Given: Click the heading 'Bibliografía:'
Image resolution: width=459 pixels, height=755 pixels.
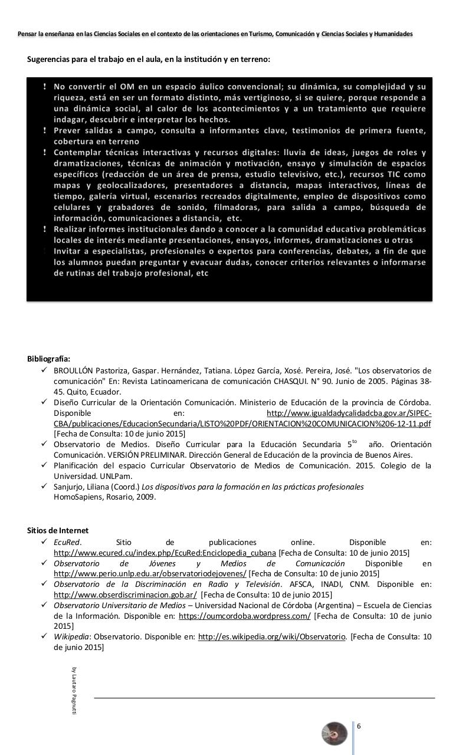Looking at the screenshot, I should click(x=48, y=359).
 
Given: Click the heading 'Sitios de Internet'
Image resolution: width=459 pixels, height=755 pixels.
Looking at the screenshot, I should click(x=58, y=530).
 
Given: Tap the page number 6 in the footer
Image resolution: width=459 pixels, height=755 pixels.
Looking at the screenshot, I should click(x=358, y=726).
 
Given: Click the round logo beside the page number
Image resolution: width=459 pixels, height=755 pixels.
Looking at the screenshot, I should click(x=335, y=733).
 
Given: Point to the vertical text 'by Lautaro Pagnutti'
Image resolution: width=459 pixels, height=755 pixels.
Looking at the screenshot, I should click(x=74, y=690).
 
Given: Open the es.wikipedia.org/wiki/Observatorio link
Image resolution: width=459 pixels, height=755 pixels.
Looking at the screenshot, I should click(x=271, y=637).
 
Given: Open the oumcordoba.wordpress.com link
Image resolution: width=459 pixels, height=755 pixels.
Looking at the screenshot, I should click(x=244, y=616).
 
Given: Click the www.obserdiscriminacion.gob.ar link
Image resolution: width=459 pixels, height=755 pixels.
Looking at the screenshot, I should click(x=125, y=595).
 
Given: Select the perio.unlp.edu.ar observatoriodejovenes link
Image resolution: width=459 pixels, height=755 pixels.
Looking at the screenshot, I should click(x=150, y=573).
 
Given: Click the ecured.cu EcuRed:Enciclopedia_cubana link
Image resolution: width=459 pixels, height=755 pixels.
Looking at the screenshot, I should click(x=165, y=553).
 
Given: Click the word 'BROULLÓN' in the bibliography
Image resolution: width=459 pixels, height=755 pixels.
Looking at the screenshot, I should click(x=74, y=371).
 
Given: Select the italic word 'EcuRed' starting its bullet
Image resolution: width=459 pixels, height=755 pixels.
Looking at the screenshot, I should click(x=67, y=542).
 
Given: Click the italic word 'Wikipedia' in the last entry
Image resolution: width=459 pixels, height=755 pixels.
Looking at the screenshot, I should click(x=71, y=637).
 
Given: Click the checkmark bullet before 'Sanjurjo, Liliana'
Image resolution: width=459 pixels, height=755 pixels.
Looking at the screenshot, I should click(x=44, y=487).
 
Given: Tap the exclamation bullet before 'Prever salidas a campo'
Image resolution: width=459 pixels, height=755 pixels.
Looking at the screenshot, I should click(x=45, y=130).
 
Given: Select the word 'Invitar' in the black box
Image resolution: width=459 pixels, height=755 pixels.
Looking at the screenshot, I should click(x=70, y=251).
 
